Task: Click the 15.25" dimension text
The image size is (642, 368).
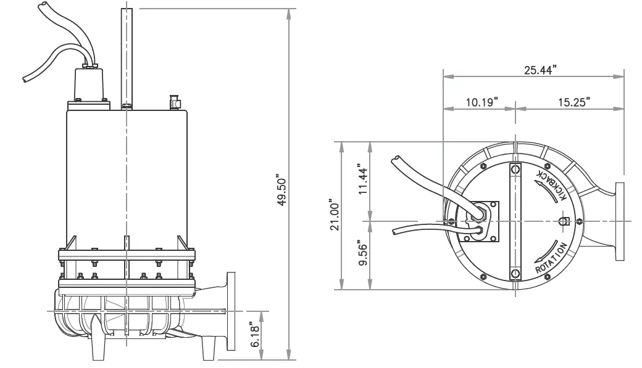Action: pos(572,102)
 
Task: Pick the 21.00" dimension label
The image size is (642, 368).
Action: pos(334,215)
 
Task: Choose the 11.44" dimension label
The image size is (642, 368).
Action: pos(363,180)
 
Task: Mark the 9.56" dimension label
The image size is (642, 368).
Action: pos(363,254)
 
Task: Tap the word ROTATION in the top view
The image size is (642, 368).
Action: pos(551,259)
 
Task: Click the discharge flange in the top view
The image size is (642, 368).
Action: pos(620,220)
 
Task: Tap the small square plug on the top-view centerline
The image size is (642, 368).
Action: pos(563,221)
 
